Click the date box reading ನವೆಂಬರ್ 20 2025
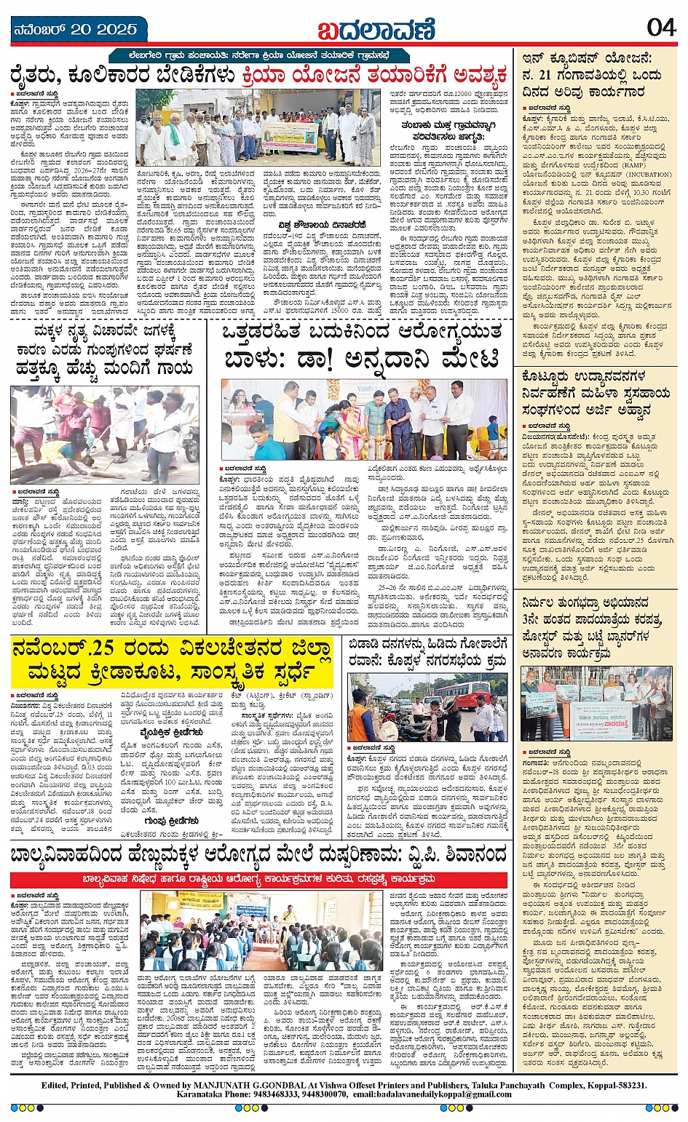point(76,30)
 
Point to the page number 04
point(660,28)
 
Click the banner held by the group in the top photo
point(290,136)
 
